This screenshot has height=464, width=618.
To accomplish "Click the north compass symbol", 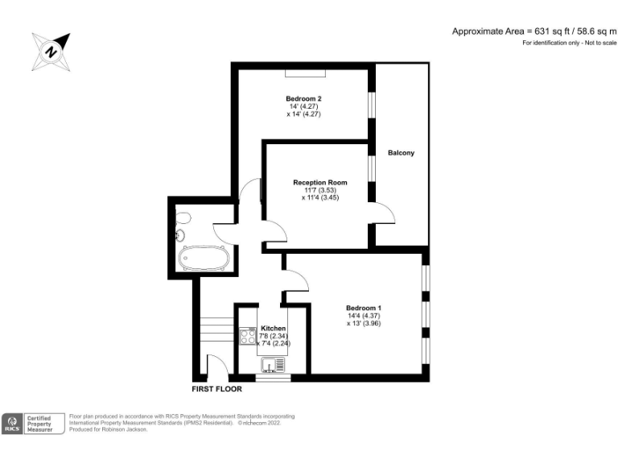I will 51,51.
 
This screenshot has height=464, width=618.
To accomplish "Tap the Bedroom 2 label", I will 304,97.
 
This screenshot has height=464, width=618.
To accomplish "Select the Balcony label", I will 401,153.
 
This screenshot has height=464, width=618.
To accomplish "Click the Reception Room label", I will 320,183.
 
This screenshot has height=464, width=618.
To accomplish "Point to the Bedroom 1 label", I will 364,308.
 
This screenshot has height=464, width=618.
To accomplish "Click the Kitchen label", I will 273,329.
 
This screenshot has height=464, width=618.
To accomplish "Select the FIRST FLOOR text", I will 216,389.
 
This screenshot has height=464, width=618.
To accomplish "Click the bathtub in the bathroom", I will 204,259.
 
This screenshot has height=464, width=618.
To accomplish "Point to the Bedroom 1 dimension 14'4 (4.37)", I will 364,316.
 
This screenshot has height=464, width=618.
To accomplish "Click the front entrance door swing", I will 216,366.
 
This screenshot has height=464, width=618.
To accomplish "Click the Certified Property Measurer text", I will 44,424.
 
